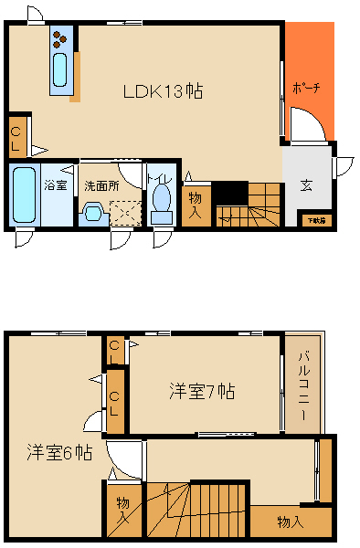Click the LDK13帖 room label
click(163, 91)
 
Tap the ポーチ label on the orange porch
click(305, 89)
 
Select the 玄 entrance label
click(305, 185)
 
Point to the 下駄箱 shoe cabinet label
click(316, 219)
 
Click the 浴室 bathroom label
click(56, 185)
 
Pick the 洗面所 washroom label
click(101, 185)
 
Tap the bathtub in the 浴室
click(24, 195)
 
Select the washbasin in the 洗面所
click(91, 215)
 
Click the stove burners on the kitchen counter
click(59, 39)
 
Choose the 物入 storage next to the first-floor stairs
click(196, 204)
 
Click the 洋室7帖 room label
click(202, 392)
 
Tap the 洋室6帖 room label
click(58, 452)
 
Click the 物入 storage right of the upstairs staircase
click(290, 522)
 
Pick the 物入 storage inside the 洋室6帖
click(123, 511)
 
